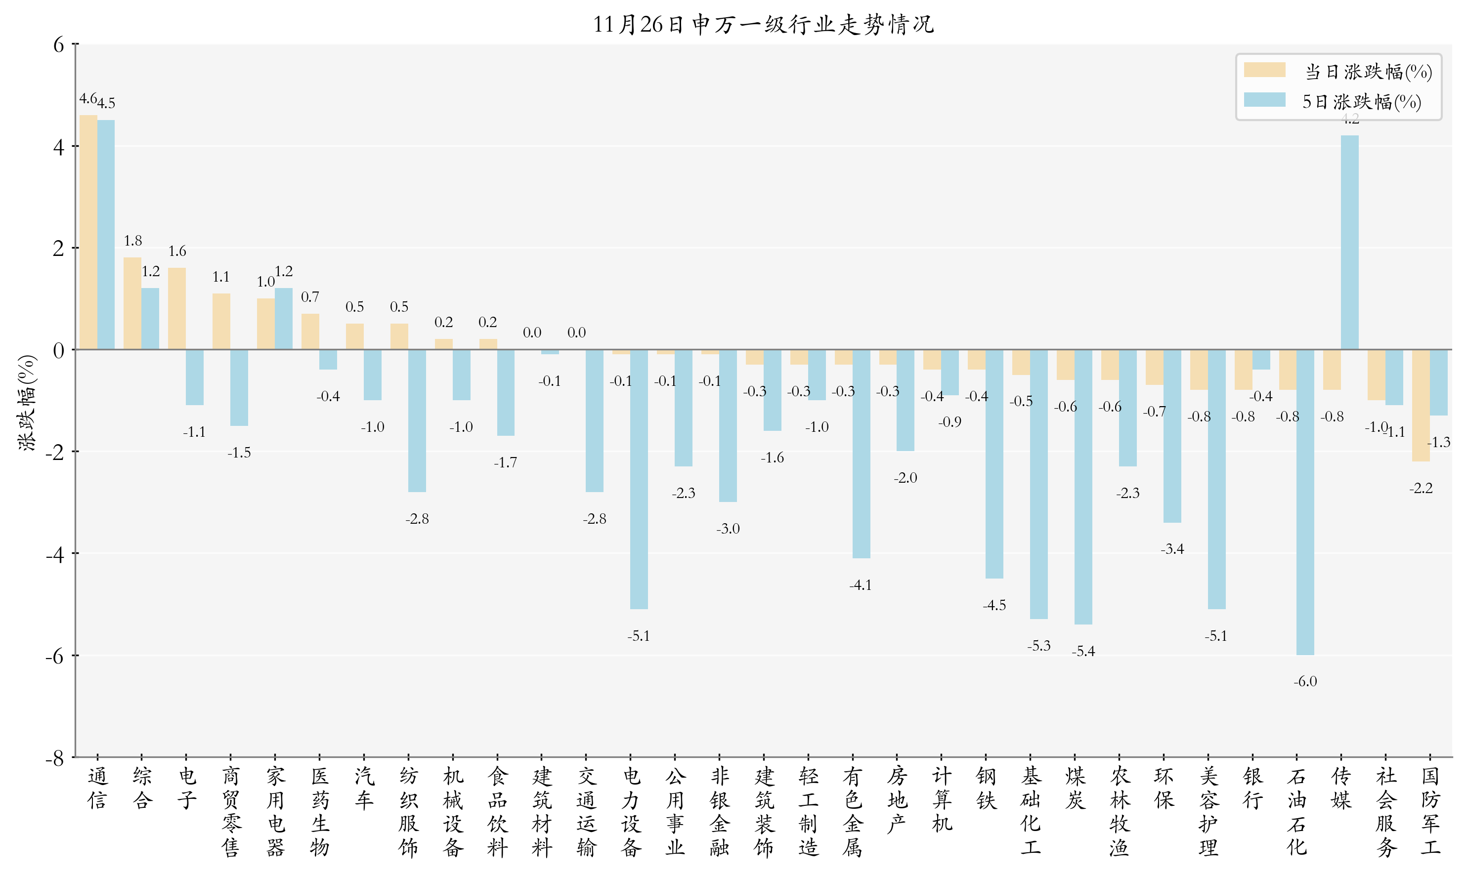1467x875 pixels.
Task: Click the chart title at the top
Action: [x=763, y=24]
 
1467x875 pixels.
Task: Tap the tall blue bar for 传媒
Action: [x=1350, y=242]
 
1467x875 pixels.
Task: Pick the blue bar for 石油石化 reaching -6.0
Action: [x=1305, y=501]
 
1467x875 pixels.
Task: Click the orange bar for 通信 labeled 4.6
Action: [x=88, y=232]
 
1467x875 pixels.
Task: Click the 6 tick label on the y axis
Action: [x=58, y=45]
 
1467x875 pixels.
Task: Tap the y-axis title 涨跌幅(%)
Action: [x=27, y=403]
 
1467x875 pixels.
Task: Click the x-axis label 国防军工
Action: [x=1430, y=811]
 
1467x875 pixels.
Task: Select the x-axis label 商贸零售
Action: [x=231, y=811]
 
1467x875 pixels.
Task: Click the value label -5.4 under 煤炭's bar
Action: [x=1083, y=651]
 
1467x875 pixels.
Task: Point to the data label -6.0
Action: [x=1305, y=682]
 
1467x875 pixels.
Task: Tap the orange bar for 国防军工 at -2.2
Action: [x=1421, y=405]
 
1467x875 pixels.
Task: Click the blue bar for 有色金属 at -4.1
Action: [x=861, y=454]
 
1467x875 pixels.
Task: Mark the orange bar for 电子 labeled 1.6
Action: [x=177, y=308]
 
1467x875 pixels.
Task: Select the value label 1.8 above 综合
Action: [x=133, y=241]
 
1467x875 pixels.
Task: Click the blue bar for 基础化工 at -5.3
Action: [x=1039, y=484]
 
